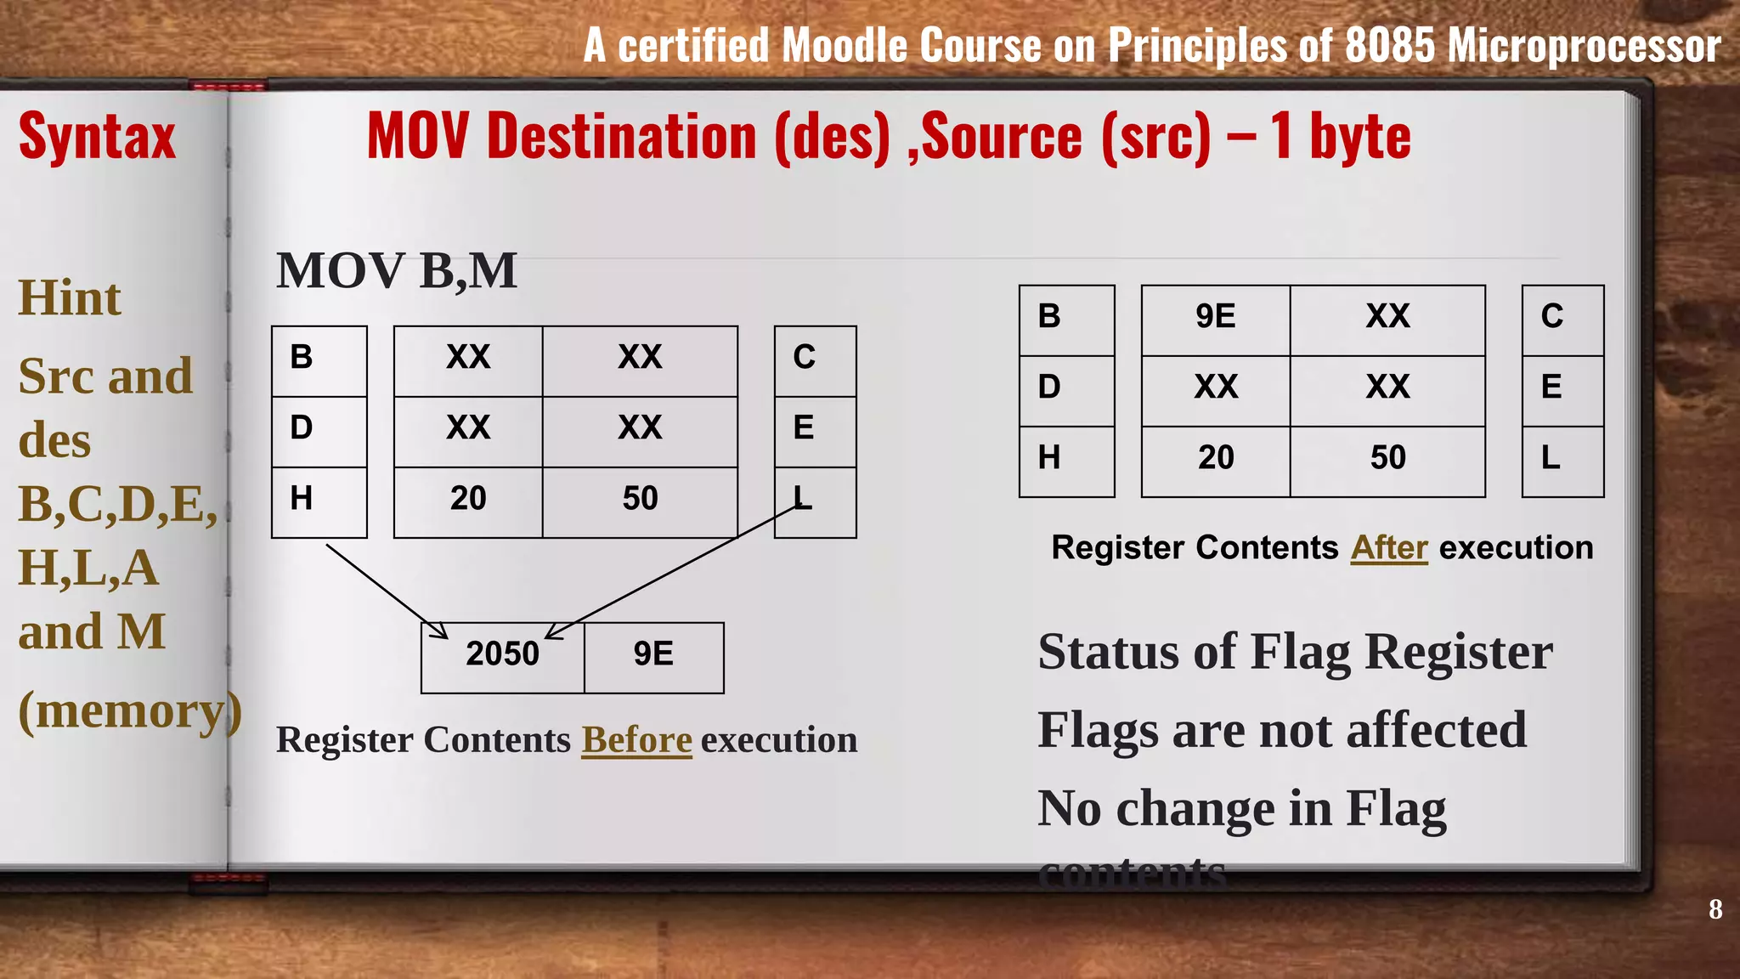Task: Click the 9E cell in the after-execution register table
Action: (x=1215, y=317)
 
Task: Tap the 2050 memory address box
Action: (x=502, y=654)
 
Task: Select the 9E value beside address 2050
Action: (x=653, y=654)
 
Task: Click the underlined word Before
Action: (x=636, y=740)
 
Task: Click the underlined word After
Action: (x=1389, y=548)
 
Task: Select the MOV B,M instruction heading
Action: (x=397, y=271)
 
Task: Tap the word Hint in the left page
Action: (x=70, y=298)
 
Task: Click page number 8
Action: (x=1715, y=909)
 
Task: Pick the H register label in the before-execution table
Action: (x=302, y=498)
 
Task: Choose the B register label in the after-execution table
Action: (x=1049, y=317)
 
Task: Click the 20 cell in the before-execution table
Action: (x=468, y=498)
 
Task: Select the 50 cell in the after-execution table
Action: (x=1387, y=458)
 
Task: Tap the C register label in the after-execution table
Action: (x=1552, y=317)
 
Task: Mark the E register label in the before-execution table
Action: (x=804, y=427)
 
